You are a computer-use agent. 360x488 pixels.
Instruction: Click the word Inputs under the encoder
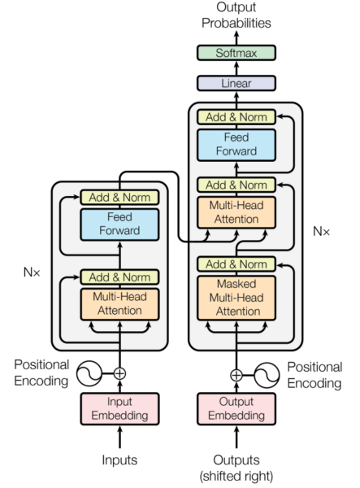(x=119, y=460)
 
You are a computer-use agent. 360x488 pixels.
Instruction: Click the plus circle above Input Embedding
(x=120, y=373)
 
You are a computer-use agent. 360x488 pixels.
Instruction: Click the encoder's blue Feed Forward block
(x=119, y=224)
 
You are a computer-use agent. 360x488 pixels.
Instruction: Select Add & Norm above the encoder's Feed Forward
(x=119, y=197)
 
